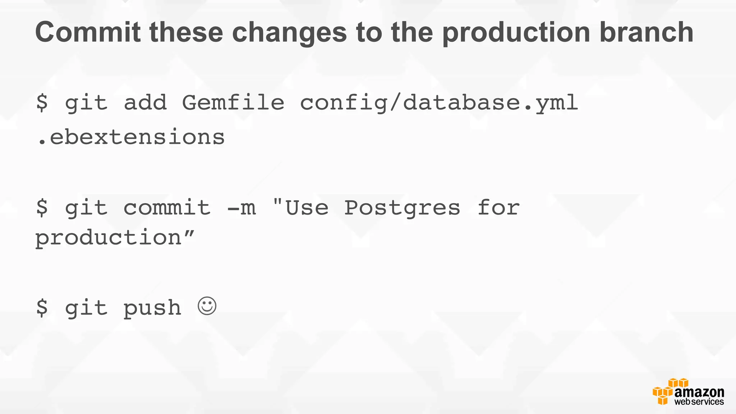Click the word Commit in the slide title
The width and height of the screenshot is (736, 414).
point(88,32)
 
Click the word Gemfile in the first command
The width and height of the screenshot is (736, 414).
point(233,103)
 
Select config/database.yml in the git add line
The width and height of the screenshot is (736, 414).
point(439,103)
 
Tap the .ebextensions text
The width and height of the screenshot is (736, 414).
point(131,137)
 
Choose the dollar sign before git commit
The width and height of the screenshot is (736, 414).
point(42,207)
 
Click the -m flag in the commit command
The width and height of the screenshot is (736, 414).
point(241,208)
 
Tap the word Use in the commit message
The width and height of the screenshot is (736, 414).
point(307,208)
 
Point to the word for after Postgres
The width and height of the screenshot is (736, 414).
point(498,207)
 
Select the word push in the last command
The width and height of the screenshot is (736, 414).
point(152,308)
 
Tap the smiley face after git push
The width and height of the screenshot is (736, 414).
point(207,306)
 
